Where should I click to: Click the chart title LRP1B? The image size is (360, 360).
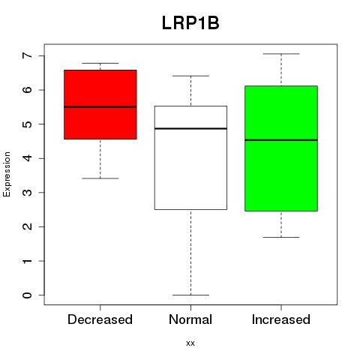coord(190,23)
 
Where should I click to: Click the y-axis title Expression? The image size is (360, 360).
coord(7,174)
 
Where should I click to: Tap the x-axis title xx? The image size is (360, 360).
coord(190,343)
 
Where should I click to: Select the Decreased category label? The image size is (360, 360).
coord(100,319)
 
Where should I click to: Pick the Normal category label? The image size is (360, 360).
coord(190,319)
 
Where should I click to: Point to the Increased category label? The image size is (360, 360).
coord(281,319)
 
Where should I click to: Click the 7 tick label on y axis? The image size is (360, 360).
coord(28,55)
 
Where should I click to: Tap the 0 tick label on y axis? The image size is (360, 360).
coord(28,295)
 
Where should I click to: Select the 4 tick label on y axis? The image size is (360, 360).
coord(28,158)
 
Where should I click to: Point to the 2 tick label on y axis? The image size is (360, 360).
coord(28,226)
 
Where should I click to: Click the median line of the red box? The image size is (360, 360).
coord(100,106)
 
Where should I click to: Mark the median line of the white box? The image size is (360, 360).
coord(190,128)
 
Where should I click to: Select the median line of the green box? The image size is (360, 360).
coord(281,140)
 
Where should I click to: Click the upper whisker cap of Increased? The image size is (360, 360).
coord(281,54)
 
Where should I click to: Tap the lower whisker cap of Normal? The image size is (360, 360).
coord(190,295)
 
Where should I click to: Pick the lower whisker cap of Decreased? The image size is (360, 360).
coord(100,178)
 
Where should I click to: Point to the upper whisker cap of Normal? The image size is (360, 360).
coord(190,76)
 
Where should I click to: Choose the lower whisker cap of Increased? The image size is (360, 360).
coord(281,237)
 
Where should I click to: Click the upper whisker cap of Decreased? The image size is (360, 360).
coord(100,63)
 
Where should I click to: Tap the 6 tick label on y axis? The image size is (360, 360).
coord(28,90)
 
